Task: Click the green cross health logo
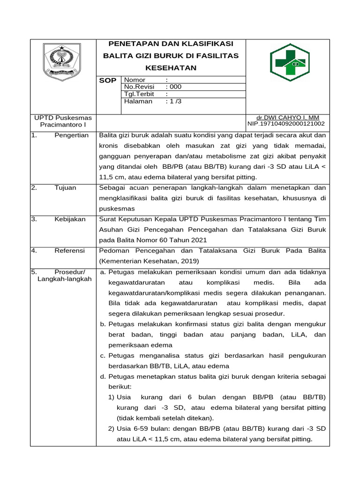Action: pos(287,63)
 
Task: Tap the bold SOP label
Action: pos(107,81)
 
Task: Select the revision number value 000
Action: pos(175,87)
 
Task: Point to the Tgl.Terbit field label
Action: pos(139,94)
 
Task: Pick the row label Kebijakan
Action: pos(71,219)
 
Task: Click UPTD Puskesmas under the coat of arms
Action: pos(63,118)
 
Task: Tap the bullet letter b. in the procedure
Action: pos(103,324)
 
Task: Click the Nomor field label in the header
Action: pos(135,80)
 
